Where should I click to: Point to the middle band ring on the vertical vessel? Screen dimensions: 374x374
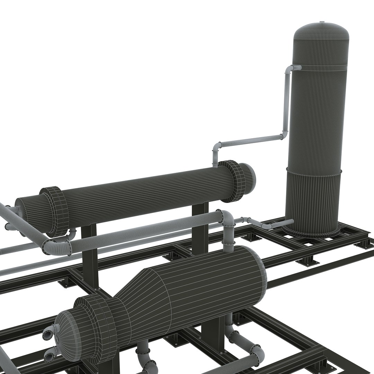tap(313, 170)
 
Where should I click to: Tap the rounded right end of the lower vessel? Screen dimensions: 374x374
tap(261, 274)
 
